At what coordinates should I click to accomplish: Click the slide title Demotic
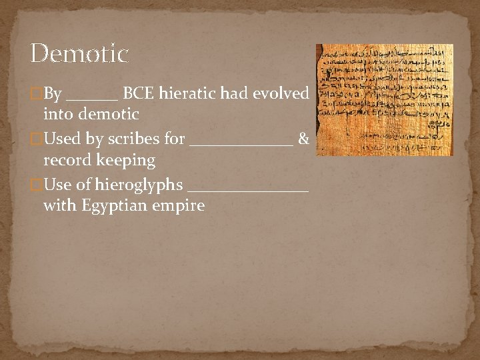pyautogui.click(x=79, y=54)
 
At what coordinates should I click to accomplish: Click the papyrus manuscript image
pyautogui.click(x=385, y=100)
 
